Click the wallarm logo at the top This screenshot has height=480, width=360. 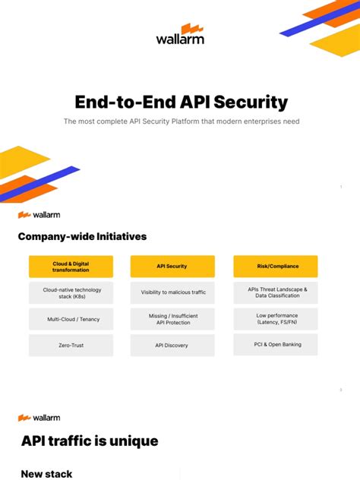click(180, 35)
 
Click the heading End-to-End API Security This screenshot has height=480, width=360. click(180, 102)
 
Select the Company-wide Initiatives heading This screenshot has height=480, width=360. click(82, 236)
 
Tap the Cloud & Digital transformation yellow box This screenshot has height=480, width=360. click(71, 266)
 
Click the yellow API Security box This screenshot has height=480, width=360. click(172, 266)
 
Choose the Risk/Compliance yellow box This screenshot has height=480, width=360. click(275, 266)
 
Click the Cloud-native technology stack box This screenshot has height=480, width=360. click(71, 292)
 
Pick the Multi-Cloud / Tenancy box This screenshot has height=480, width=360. click(71, 318)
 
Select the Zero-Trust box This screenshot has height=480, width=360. click(71, 345)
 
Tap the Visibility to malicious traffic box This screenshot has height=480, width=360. click(172, 292)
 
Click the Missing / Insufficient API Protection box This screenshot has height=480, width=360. click(172, 318)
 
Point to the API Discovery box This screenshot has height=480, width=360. click(172, 345)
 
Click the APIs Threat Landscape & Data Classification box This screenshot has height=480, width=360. click(275, 292)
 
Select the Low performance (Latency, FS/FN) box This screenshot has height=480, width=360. click(275, 318)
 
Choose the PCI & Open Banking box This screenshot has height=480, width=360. click(275, 345)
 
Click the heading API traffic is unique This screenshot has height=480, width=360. click(90, 441)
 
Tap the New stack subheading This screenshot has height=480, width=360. click(47, 473)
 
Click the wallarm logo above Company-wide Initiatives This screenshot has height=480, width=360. click(39, 214)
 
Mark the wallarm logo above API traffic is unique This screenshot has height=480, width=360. click(39, 418)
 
